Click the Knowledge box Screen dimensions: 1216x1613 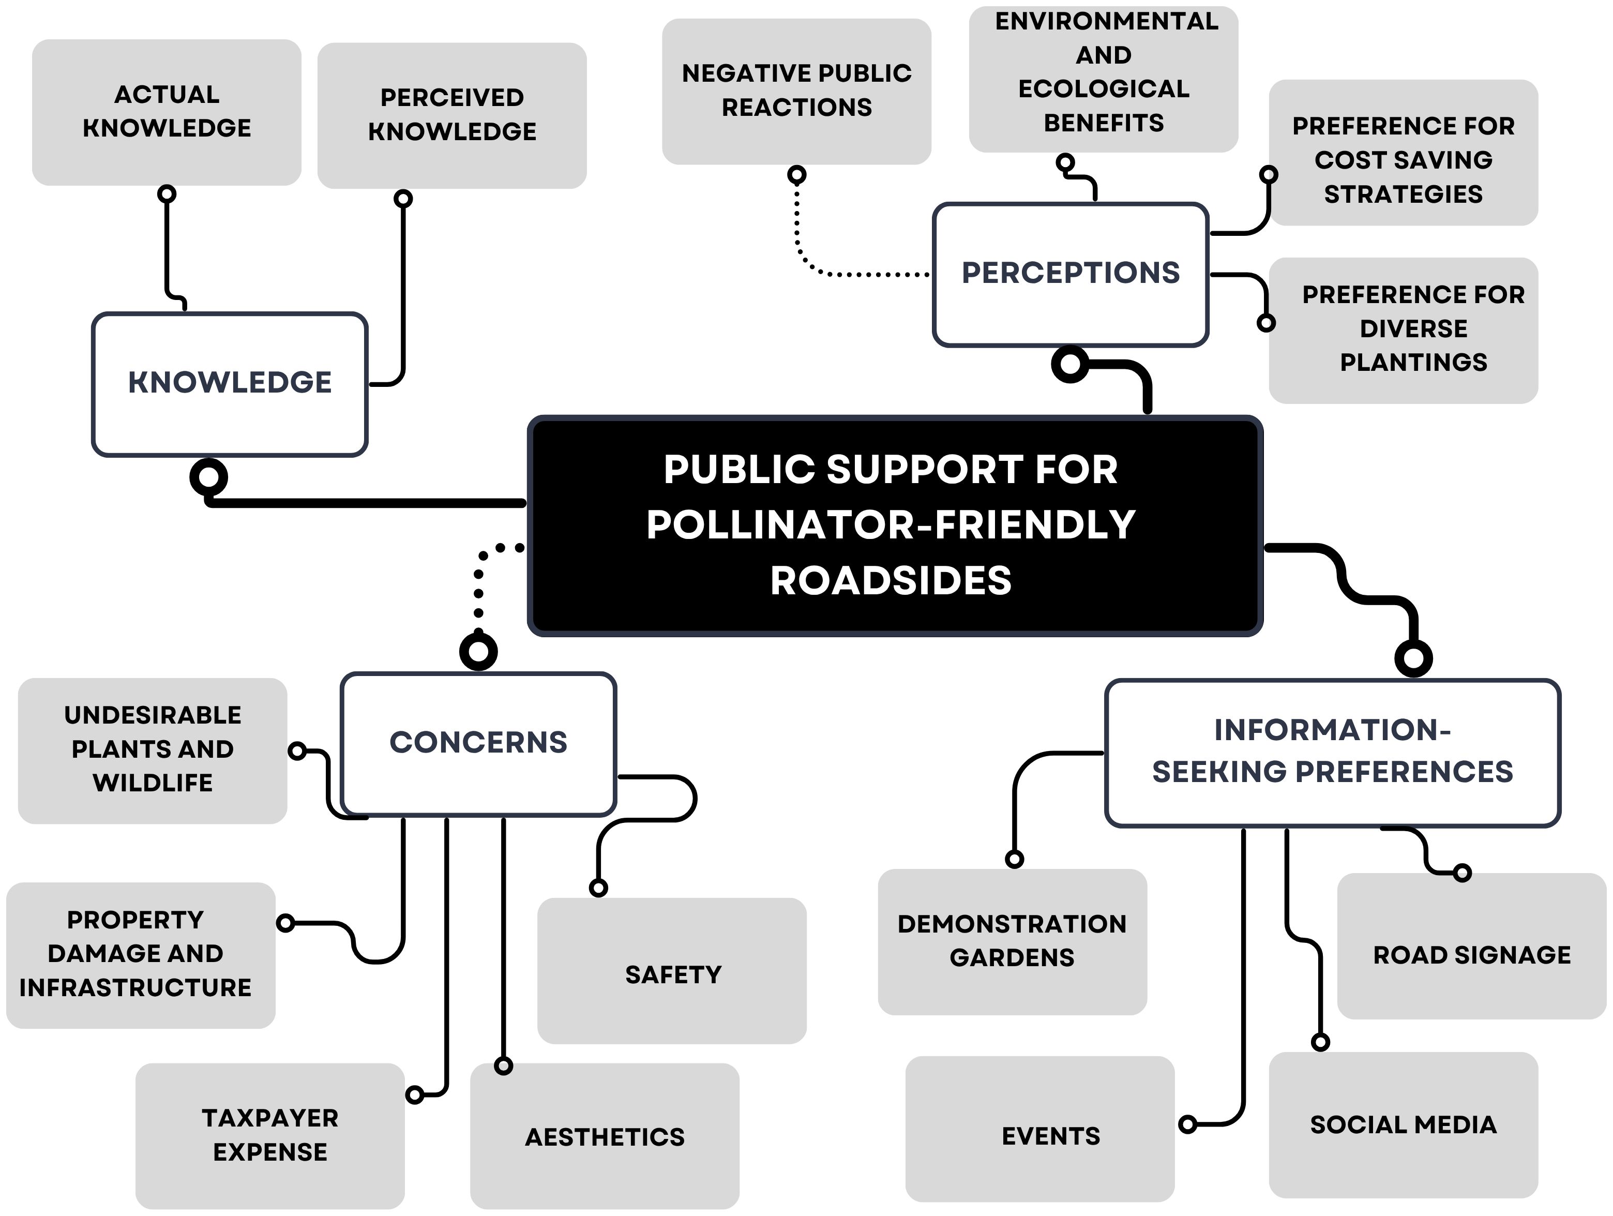230,384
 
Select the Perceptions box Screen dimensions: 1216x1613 1071,274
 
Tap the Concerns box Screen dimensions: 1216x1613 478,743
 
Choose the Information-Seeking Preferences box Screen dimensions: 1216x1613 1332,752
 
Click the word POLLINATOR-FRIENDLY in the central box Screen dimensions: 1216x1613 891,524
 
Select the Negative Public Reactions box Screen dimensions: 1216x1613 796,91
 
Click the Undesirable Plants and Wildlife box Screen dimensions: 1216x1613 153,750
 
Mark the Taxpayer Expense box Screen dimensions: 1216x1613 270,1135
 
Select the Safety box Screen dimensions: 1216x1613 672,974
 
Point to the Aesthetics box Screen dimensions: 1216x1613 605,1136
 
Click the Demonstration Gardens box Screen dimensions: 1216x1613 1012,941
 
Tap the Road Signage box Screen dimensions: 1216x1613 1471,955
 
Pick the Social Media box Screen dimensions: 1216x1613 1403,1125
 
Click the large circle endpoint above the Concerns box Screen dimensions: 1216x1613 478,651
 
